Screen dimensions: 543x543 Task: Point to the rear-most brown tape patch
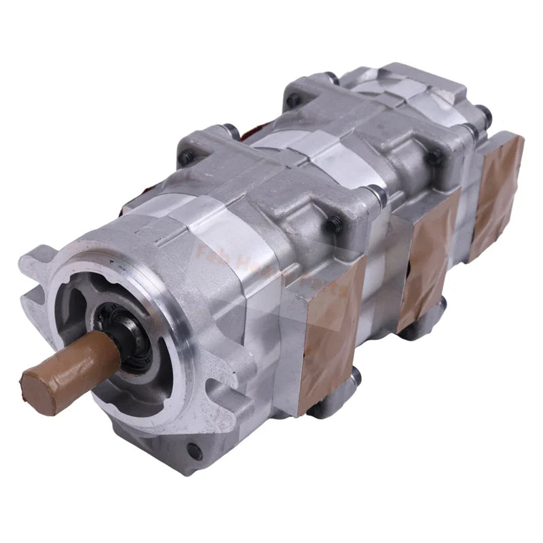(499, 193)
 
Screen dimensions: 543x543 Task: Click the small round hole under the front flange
(198, 449)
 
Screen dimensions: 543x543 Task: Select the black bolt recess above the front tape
(334, 225)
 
